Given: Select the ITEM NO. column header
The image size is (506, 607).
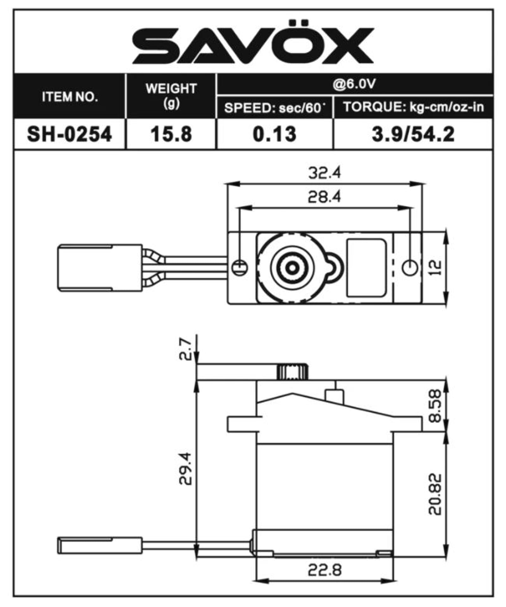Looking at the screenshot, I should [69, 96].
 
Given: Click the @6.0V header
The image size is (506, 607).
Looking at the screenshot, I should [354, 84].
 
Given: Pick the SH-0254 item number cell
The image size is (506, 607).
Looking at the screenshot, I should [69, 134].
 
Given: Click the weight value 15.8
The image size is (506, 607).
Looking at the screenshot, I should [171, 134].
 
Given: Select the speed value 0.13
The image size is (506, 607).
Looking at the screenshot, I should [275, 134].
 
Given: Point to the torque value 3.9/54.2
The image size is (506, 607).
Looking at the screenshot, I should [413, 134].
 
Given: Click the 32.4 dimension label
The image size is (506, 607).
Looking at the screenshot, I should [324, 173].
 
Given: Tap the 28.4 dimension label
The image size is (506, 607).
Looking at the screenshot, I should [324, 197].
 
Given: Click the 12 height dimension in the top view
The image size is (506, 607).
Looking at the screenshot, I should [437, 267].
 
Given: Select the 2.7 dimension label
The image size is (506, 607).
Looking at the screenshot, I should [185, 349].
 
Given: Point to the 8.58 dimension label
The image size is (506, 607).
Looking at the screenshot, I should [436, 406].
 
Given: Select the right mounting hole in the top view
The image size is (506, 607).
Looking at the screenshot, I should [410, 267].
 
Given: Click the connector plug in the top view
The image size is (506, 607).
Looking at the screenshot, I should [100, 267].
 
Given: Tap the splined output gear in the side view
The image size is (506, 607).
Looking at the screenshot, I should [292, 372].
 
